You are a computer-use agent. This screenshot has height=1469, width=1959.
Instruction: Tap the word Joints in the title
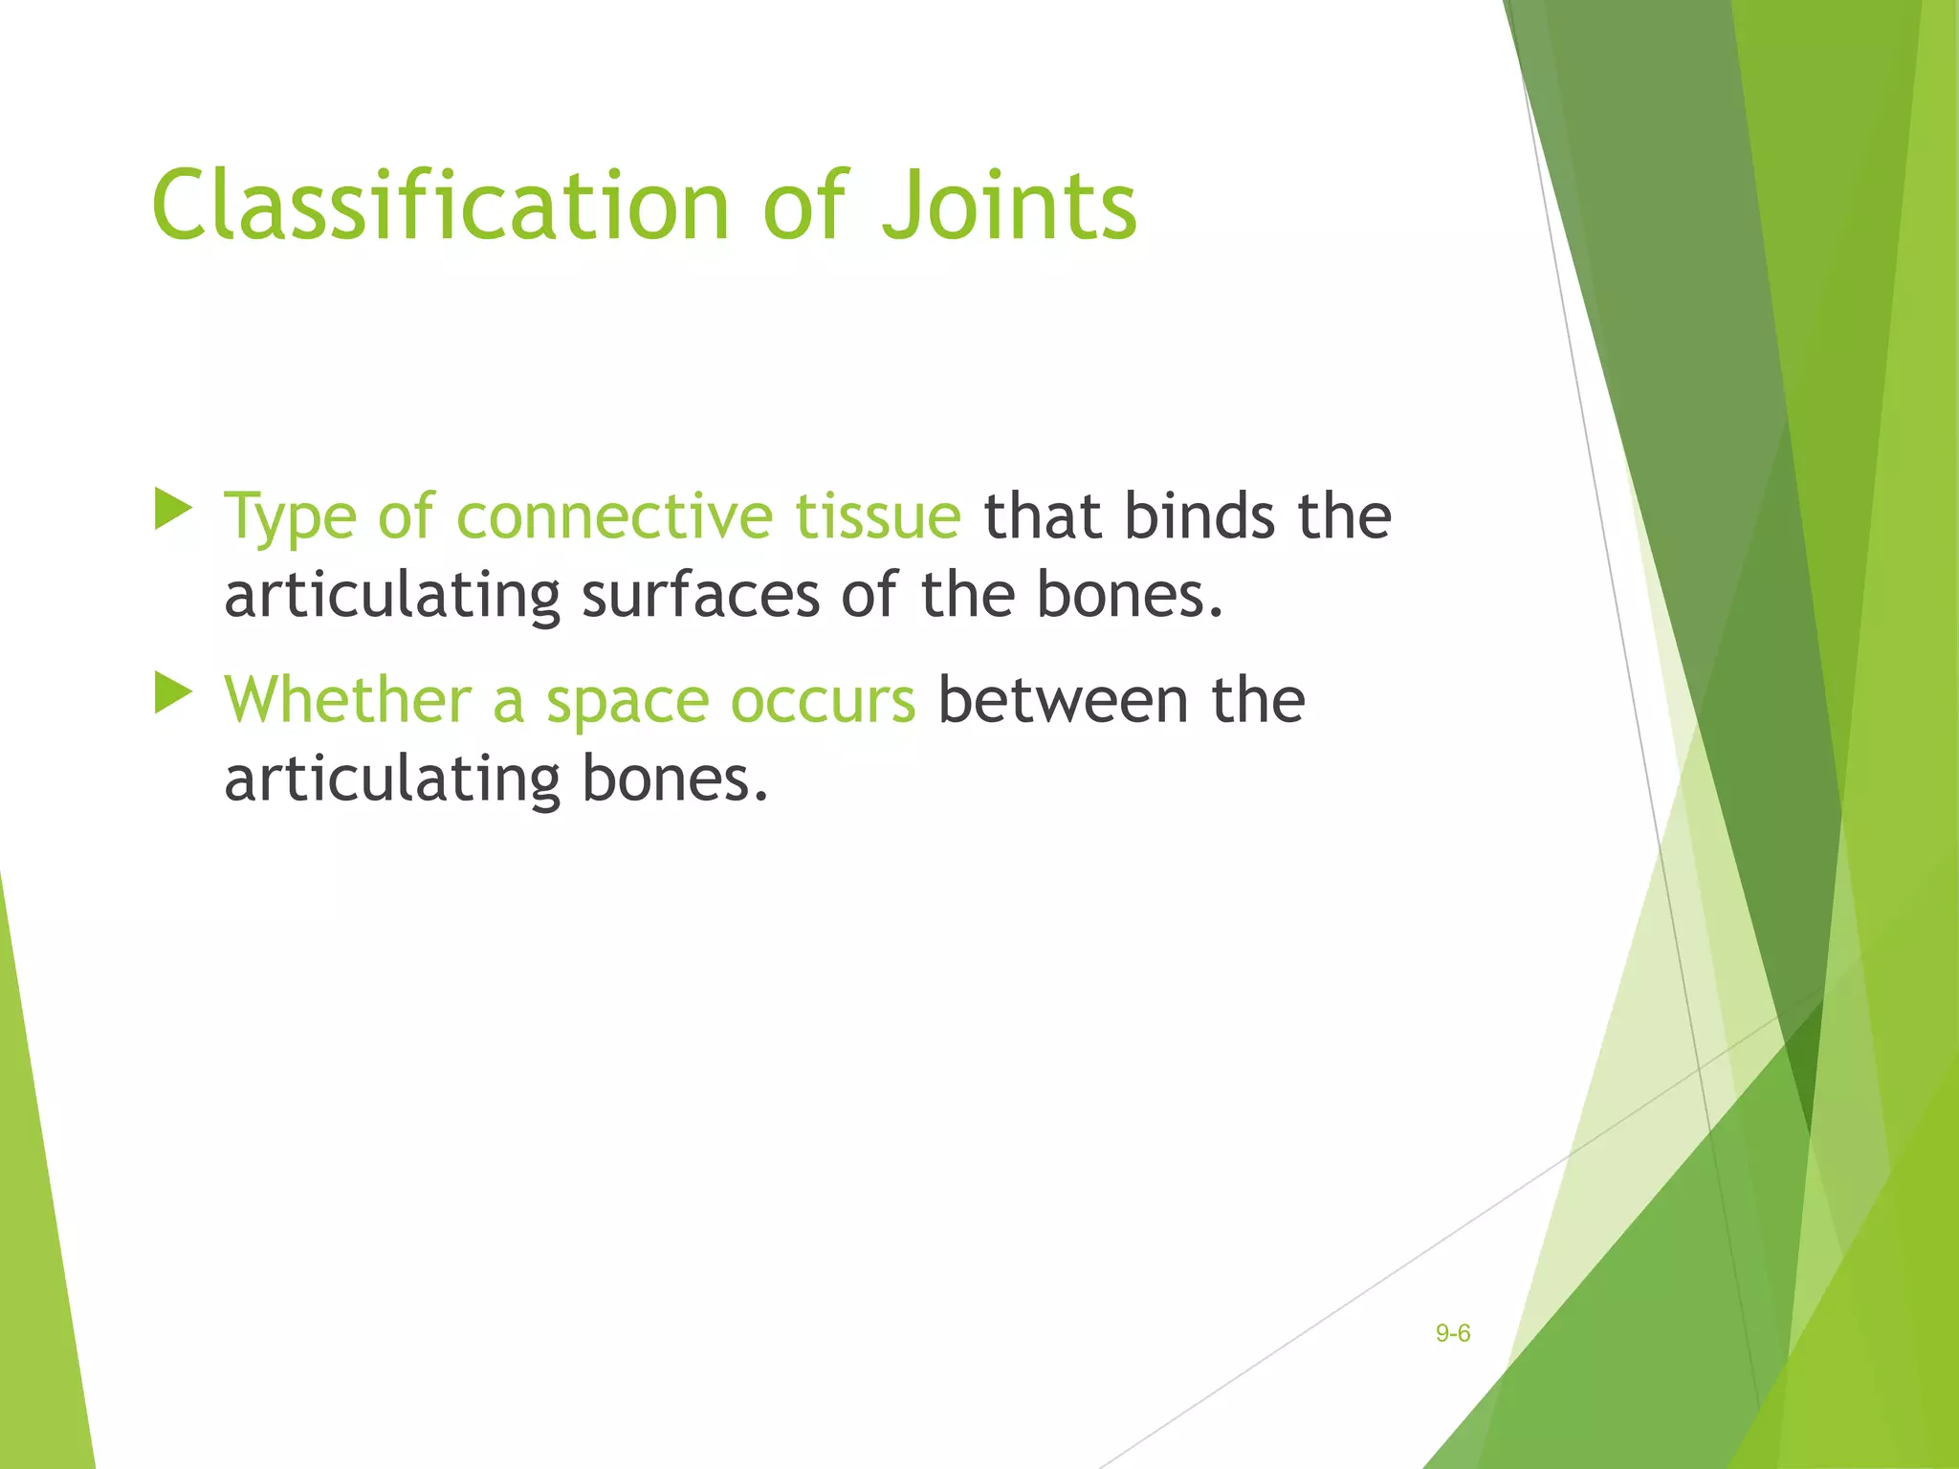[x=1009, y=206]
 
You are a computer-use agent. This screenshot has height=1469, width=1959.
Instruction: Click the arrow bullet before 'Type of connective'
[x=173, y=510]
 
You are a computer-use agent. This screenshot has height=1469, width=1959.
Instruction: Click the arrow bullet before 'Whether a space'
[x=173, y=693]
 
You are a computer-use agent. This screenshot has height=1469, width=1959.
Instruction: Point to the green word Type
[x=290, y=518]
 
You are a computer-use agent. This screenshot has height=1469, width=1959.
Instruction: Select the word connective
[x=613, y=516]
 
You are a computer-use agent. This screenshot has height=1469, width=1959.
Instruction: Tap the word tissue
[x=878, y=516]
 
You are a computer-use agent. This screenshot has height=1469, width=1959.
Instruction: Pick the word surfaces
[x=700, y=595]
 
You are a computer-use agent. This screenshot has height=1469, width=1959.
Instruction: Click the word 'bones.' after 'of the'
[x=1130, y=595]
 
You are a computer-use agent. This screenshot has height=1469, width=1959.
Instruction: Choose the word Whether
[x=347, y=700]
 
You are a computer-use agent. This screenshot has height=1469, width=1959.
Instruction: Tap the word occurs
[x=823, y=702]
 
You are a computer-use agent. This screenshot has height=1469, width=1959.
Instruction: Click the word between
[x=1063, y=700]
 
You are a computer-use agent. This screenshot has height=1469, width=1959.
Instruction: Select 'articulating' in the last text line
[x=392, y=779]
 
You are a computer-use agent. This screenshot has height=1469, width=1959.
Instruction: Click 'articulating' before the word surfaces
[x=392, y=596]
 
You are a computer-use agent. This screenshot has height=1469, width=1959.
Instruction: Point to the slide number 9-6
[x=1452, y=1333]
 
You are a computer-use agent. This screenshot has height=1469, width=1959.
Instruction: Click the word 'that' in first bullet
[x=1043, y=516]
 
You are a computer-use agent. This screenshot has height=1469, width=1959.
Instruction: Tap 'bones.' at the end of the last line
[x=675, y=778]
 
